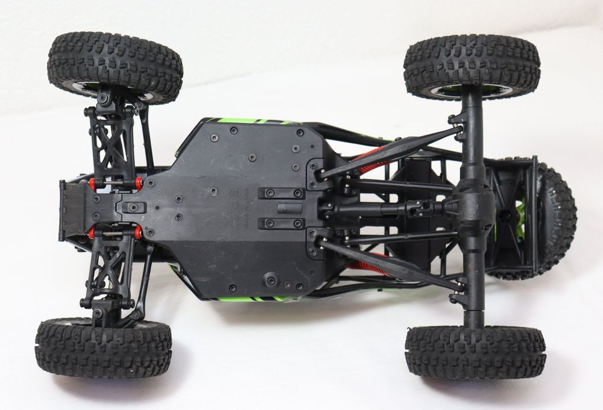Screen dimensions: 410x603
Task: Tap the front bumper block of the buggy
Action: pos(71,210)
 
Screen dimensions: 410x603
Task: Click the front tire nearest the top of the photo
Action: pos(115,66)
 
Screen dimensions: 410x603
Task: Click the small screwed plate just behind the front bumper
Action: pos(134,207)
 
